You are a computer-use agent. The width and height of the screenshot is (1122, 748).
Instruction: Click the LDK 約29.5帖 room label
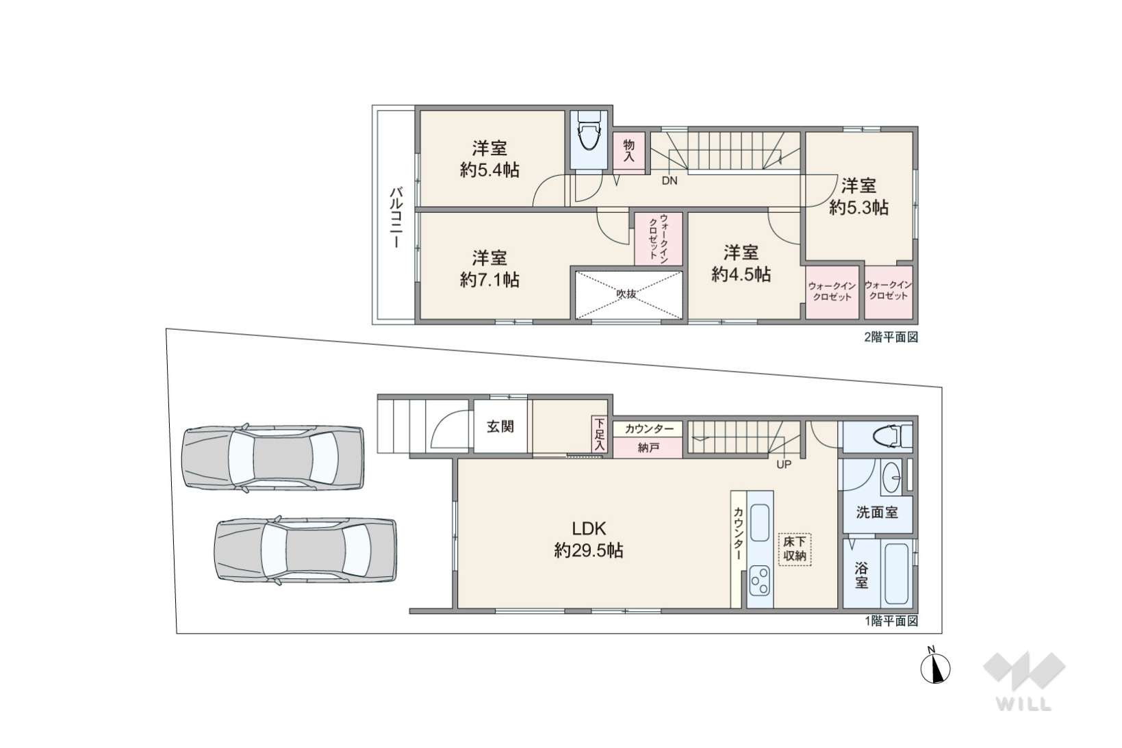(589, 540)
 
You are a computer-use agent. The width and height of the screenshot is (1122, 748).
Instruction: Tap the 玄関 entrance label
(500, 427)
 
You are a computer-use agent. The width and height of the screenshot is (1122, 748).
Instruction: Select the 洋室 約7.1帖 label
(489, 269)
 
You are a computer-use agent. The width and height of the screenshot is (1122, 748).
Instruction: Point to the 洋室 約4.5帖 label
(741, 263)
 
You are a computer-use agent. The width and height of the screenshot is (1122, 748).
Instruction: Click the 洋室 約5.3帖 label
(858, 197)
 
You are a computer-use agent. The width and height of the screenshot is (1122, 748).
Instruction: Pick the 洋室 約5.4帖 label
(489, 159)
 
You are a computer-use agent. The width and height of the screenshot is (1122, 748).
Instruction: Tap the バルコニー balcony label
(397, 218)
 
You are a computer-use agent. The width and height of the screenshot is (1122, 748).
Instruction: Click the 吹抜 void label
(626, 294)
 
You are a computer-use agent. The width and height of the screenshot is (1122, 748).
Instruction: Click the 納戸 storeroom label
(648, 448)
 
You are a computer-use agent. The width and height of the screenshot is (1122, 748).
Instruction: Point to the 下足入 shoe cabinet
(600, 435)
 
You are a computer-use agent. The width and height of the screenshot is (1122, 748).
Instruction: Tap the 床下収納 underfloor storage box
(794, 550)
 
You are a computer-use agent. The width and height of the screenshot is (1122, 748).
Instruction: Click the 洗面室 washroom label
(876, 512)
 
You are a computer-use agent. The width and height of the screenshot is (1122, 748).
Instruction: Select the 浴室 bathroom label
(861, 576)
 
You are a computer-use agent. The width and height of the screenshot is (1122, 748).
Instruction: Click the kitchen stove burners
(759, 580)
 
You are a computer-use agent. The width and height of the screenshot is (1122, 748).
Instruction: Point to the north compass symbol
(935, 667)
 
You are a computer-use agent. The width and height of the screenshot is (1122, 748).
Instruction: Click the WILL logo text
(1023, 704)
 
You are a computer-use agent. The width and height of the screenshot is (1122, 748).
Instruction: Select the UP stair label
(783, 465)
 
